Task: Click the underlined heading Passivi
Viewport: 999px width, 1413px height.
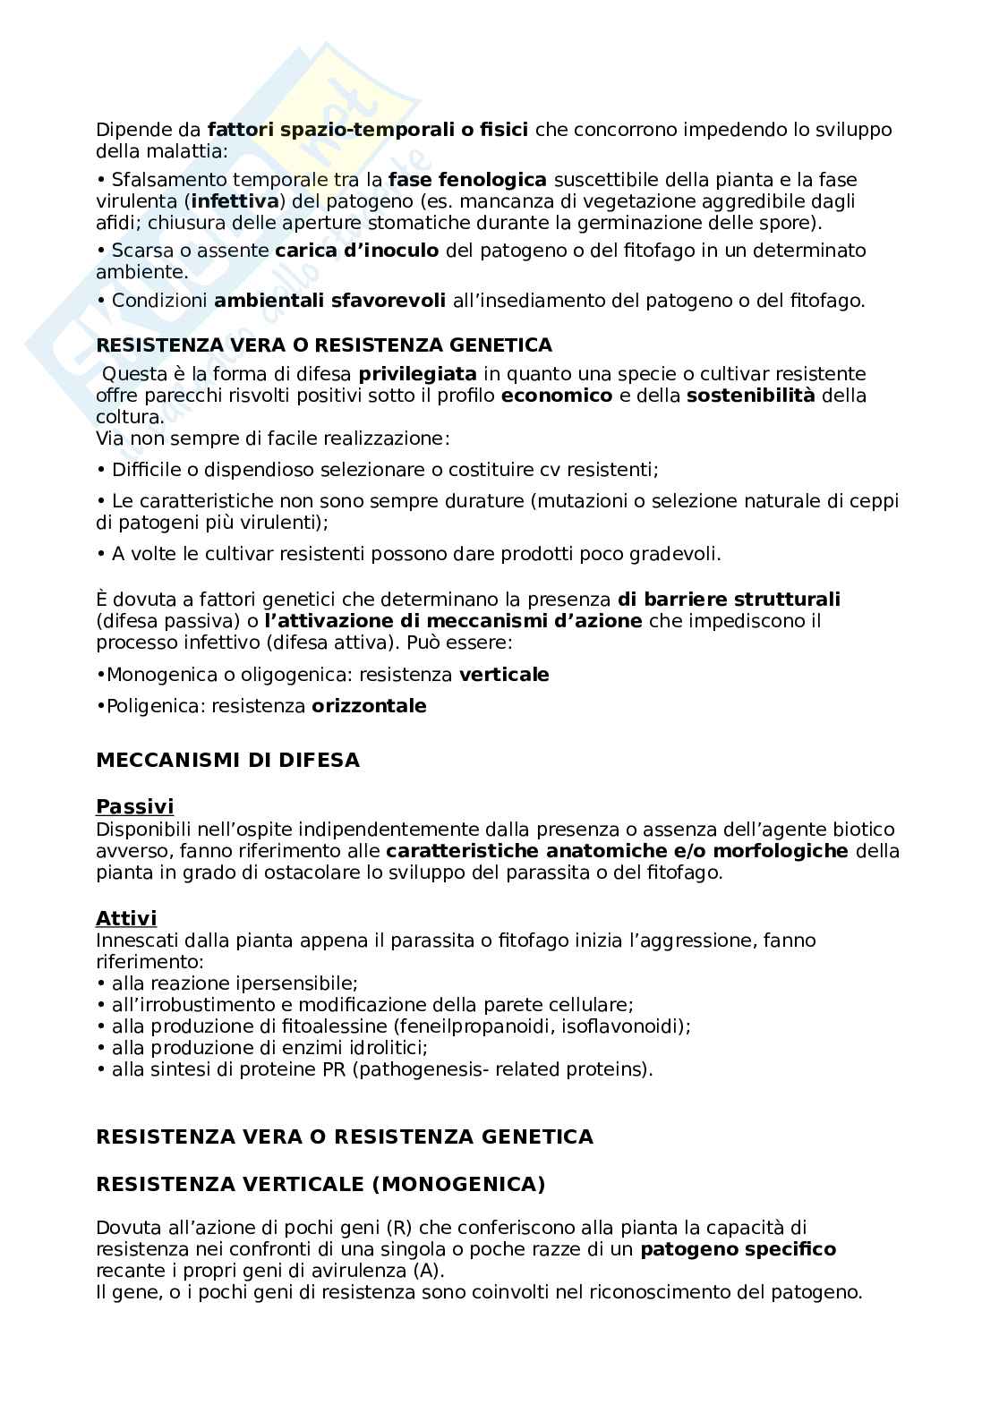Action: tap(135, 807)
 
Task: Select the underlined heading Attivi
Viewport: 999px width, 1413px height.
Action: tap(126, 918)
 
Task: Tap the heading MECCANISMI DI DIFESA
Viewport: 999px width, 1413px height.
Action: tap(227, 761)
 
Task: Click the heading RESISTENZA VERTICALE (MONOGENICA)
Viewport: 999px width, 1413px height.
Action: tap(320, 1184)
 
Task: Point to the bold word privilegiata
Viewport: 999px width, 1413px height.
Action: tap(417, 373)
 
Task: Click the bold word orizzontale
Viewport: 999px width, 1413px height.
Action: tap(369, 706)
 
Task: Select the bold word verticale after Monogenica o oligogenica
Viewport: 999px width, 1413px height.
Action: tap(504, 675)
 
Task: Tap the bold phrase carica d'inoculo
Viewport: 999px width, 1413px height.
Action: tap(357, 251)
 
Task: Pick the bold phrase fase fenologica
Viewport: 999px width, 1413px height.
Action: tap(467, 180)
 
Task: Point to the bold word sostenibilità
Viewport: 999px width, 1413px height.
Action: tap(750, 396)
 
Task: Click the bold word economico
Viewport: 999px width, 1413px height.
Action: tap(557, 396)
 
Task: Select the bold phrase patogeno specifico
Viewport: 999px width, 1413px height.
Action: tap(738, 1249)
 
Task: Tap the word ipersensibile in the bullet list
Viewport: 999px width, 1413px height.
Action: tap(300, 983)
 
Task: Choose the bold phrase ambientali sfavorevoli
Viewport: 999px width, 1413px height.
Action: tap(329, 301)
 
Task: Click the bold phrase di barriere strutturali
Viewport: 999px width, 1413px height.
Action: tap(729, 600)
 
